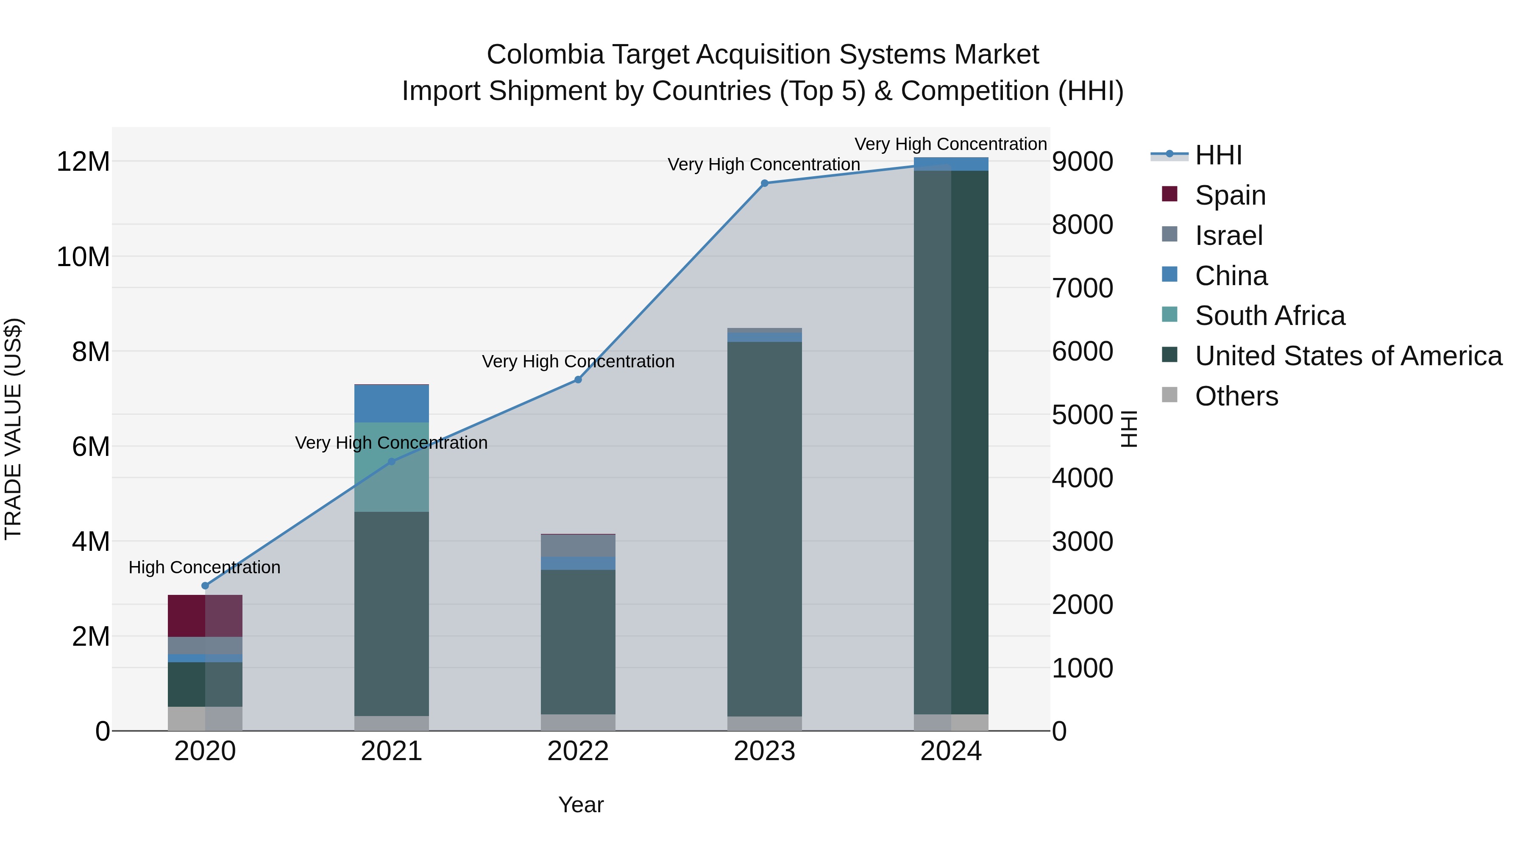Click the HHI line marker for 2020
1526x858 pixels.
[x=205, y=586]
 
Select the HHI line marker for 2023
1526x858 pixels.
[x=764, y=183]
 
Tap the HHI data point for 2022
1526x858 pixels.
[x=578, y=380]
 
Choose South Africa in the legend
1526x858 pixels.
[x=1270, y=316]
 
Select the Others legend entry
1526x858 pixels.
[x=1236, y=396]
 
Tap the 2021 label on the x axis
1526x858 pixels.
[x=392, y=751]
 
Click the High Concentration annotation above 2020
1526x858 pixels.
[x=204, y=567]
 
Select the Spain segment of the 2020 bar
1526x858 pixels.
[x=205, y=616]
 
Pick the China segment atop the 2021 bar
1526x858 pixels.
[x=392, y=404]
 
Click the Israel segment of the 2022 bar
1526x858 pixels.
[x=578, y=545]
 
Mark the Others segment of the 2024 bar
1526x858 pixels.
[x=951, y=722]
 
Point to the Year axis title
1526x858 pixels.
[x=581, y=805]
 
